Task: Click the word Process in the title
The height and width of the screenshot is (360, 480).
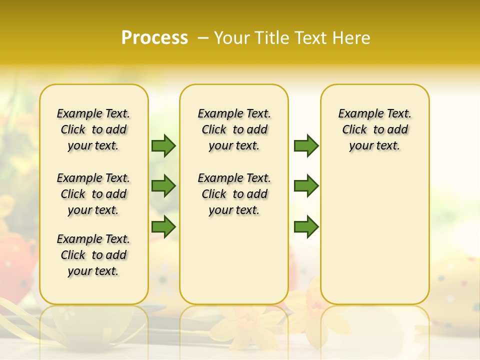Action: coord(154,37)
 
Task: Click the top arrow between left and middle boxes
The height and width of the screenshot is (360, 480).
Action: coord(163,145)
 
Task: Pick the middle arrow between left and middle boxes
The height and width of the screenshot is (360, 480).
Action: coord(163,186)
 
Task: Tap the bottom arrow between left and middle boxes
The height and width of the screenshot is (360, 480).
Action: coord(163,227)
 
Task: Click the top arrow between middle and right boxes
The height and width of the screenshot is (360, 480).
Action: coord(306,145)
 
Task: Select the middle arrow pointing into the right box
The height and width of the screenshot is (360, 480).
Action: coord(306,186)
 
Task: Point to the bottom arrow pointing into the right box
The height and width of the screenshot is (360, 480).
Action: coord(306,227)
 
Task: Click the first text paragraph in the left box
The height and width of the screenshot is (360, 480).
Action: coord(93,129)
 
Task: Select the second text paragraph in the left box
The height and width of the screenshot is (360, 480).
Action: coord(93,194)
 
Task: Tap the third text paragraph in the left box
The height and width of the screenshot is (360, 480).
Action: coord(93,255)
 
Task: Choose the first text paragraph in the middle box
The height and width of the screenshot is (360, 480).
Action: coord(234,129)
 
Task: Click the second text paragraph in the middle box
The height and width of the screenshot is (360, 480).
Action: coord(234,194)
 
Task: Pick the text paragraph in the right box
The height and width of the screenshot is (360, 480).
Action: coord(375,129)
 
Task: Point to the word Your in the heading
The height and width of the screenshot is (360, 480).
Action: coord(232,38)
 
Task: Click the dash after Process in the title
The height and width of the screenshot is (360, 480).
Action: coord(203,38)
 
